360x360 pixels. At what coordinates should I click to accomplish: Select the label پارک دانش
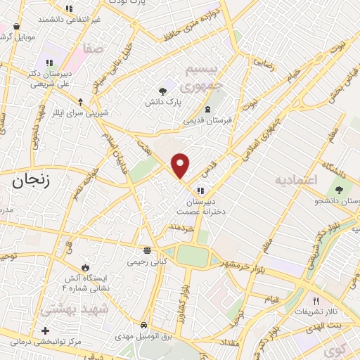point(164,102)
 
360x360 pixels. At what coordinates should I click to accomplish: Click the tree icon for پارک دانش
point(163,91)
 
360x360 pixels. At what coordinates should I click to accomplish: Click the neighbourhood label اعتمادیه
point(293,180)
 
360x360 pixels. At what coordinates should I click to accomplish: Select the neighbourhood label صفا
point(92,49)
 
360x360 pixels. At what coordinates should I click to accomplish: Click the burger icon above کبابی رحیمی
point(147,250)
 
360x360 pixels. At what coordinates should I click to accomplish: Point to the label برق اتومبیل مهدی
point(144,335)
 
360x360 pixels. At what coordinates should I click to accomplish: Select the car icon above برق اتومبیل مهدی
point(144,326)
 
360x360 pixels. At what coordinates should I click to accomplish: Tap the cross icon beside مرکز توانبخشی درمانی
point(46,330)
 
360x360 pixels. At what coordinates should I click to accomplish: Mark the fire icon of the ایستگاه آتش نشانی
point(85,268)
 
